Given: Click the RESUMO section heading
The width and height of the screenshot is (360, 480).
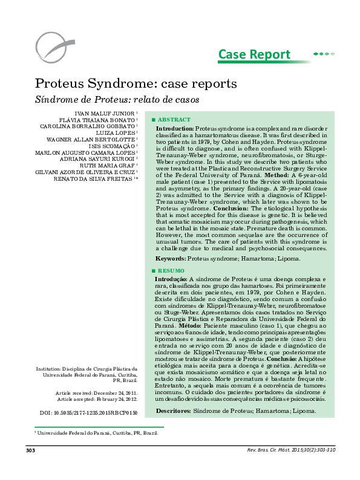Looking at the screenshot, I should [172, 270].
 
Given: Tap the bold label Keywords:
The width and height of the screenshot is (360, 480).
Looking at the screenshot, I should [171, 258].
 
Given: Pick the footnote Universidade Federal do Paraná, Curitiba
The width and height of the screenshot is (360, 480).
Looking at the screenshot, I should [97, 433].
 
